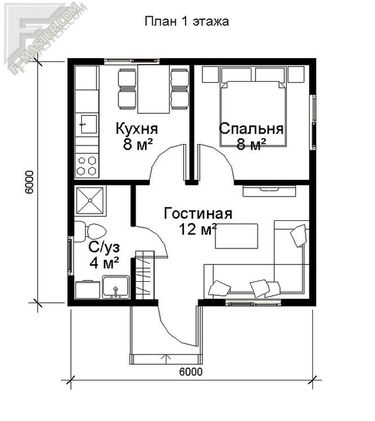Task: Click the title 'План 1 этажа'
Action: (187, 21)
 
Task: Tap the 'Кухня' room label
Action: (136, 128)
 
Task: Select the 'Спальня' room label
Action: (251, 128)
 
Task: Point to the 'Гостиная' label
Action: (198, 214)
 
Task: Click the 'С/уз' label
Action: (104, 247)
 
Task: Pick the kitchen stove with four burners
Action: (87, 165)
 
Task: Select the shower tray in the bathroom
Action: (90, 200)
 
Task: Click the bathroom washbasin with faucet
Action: (116, 287)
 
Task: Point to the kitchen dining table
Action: (153, 88)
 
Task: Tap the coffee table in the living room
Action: (236, 236)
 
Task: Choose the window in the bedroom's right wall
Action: (313, 122)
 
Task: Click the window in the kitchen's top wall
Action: (131, 61)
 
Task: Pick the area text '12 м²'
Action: (198, 229)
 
